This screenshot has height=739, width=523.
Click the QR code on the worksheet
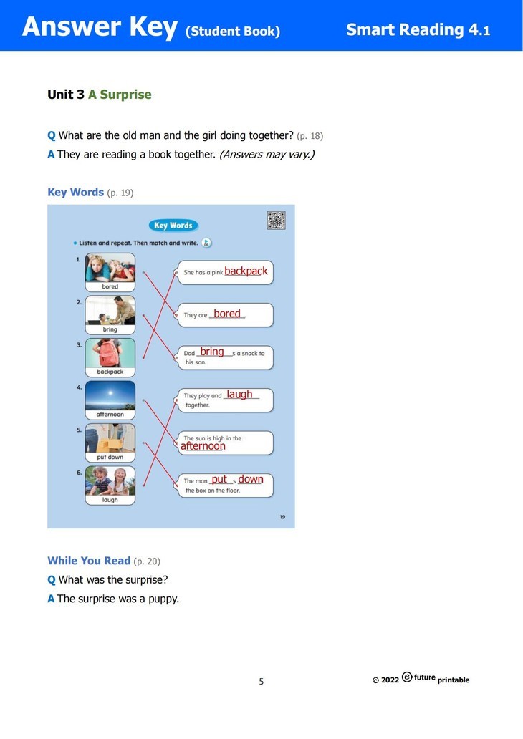pyautogui.click(x=276, y=221)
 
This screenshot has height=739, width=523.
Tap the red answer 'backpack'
pyautogui.click(x=246, y=271)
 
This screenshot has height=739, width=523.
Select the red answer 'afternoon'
pyautogui.click(x=203, y=446)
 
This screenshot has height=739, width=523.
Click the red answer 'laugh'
pyautogui.click(x=239, y=395)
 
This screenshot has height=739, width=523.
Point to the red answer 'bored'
pyautogui.click(x=227, y=314)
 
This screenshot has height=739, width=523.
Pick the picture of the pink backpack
pyautogui.click(x=110, y=352)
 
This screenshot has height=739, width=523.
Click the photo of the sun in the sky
pyautogui.click(x=110, y=395)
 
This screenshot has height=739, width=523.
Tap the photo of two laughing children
pyautogui.click(x=110, y=480)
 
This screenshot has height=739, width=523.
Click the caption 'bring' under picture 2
pyautogui.click(x=110, y=329)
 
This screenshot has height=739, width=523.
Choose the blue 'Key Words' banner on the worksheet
pyautogui.click(x=173, y=226)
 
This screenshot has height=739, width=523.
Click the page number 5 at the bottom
pyautogui.click(x=261, y=682)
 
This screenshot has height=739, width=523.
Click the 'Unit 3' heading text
pyautogui.click(x=65, y=95)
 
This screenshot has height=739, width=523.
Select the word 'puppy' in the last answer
pyautogui.click(x=162, y=599)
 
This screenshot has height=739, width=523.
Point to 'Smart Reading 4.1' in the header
pyautogui.click(x=418, y=30)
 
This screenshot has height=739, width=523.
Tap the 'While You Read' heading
pyautogui.click(x=89, y=561)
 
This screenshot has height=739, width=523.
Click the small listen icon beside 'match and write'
pyautogui.click(x=206, y=243)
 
